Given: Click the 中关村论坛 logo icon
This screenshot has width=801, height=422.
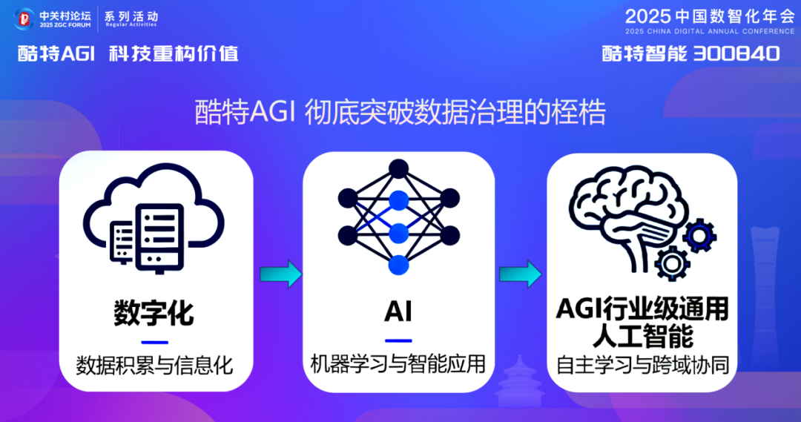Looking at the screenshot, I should (x=26, y=19).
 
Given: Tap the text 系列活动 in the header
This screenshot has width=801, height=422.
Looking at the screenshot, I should (x=131, y=15).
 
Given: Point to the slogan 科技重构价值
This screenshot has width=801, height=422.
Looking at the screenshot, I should (x=174, y=53).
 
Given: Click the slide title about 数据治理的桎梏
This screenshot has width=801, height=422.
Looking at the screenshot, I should (x=400, y=113).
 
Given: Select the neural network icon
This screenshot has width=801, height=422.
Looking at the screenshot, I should (x=398, y=217).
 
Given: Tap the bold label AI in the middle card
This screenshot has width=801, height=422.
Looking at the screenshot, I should (x=398, y=312).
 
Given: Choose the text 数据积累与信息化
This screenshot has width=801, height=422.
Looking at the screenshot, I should (x=154, y=364).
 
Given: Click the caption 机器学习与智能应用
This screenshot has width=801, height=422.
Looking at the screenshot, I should (x=398, y=363).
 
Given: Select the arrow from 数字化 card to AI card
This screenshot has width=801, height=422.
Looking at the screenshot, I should (x=280, y=274).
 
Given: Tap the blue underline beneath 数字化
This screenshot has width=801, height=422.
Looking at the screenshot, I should (x=154, y=342).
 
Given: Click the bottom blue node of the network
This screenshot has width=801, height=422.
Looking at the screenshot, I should (x=399, y=264).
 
